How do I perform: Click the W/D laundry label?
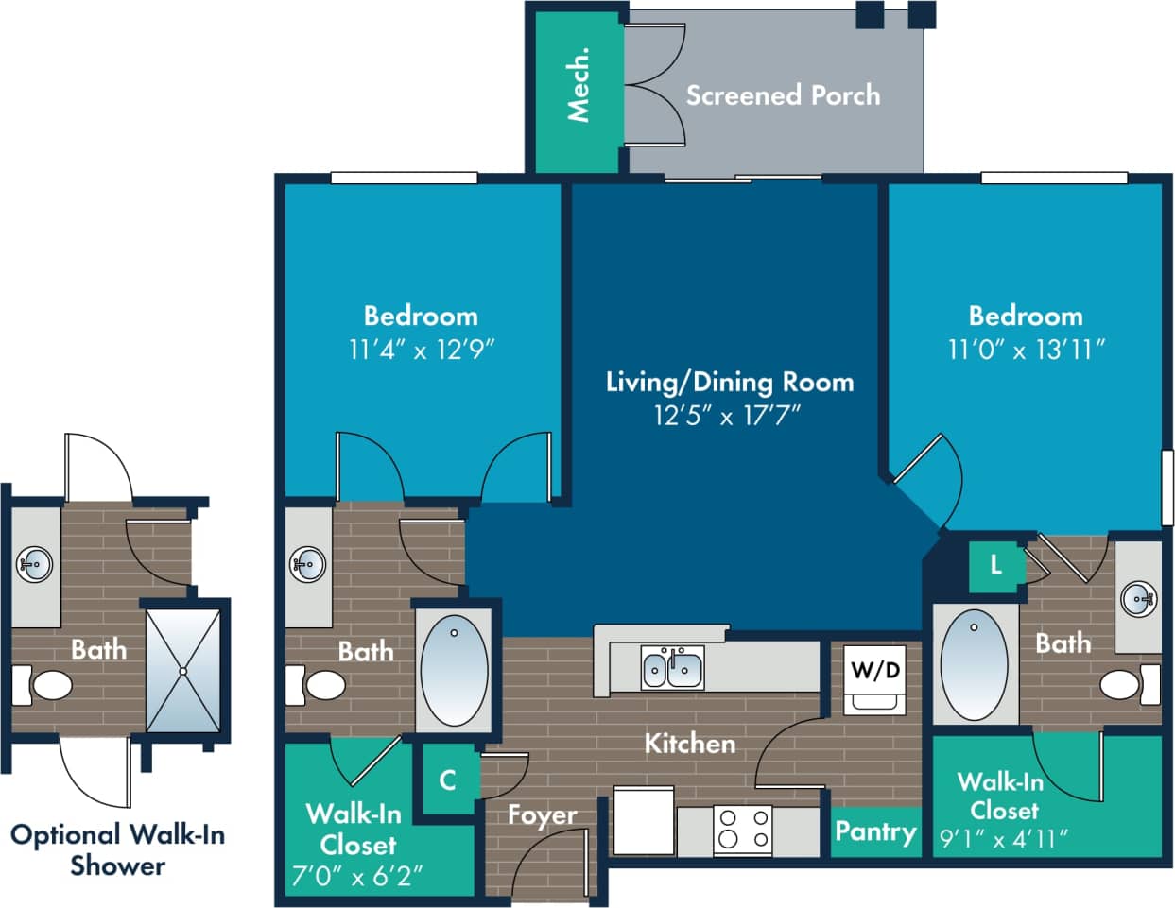tap(875, 671)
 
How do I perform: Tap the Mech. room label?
tap(579, 84)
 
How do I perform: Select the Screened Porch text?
tap(783, 95)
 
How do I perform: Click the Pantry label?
tap(875, 831)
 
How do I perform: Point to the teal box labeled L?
tap(995, 565)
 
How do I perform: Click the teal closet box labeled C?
tap(447, 780)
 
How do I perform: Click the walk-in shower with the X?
tap(183, 670)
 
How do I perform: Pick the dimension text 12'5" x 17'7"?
tap(727, 415)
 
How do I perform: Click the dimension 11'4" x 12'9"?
tap(422, 350)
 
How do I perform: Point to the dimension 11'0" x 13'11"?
tap(1026, 350)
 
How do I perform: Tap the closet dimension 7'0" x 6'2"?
tap(356, 876)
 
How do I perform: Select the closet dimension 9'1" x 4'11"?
tap(1004, 838)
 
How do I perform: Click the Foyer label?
tap(542, 814)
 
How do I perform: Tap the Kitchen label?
tap(689, 744)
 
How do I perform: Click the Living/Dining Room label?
tap(729, 382)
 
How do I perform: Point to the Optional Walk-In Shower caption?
tap(117, 849)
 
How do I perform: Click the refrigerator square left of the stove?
tap(643, 820)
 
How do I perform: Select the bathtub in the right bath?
tap(975, 665)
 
